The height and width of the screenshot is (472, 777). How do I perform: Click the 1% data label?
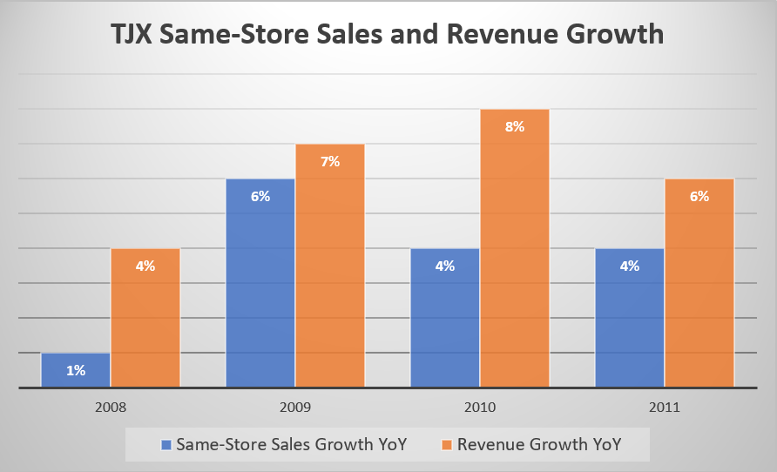point(76,370)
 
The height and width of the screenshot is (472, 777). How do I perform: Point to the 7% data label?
point(330,161)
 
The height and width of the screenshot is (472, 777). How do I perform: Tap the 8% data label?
point(515,126)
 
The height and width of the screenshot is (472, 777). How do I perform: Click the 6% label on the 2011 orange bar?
point(699,196)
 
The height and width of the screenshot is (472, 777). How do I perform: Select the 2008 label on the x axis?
point(111,406)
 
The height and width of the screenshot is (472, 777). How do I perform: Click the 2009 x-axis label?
point(295,406)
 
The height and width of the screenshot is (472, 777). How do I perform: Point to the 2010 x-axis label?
point(480,406)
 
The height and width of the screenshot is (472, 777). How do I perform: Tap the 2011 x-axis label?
point(665,406)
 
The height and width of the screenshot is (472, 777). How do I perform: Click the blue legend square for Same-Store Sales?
point(166,444)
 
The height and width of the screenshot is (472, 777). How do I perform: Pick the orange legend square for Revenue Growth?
point(447,444)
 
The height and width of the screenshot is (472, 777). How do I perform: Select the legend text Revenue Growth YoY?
point(539,444)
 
